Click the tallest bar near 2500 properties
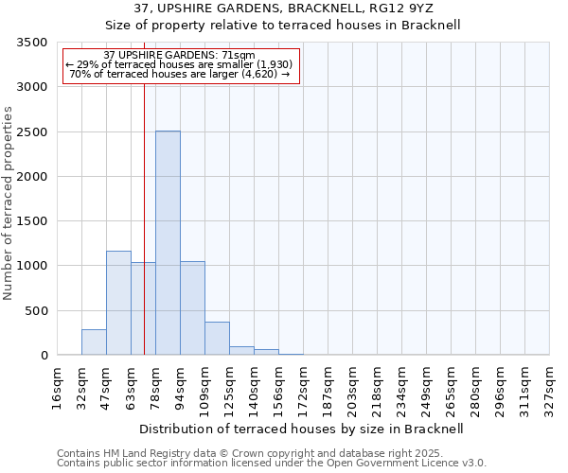[x=168, y=243]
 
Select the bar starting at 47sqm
[x=118, y=303]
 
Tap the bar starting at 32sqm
[x=94, y=342]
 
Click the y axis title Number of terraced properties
[x=9, y=203]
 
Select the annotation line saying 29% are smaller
[x=180, y=64]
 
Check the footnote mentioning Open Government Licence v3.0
[x=272, y=463]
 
